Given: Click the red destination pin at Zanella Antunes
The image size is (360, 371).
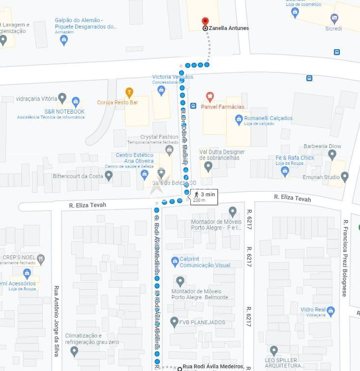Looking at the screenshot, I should (x=206, y=22).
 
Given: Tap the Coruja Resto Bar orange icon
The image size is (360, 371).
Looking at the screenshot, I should (x=129, y=92).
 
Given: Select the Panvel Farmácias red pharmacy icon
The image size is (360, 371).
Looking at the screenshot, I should (x=210, y=96).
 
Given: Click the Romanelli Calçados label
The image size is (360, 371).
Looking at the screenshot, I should (x=268, y=119).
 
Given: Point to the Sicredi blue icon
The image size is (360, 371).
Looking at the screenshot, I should (x=334, y=18).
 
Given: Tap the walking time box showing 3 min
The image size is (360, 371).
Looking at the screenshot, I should (x=204, y=196).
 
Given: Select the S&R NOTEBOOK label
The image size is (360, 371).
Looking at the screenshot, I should (x=64, y=112).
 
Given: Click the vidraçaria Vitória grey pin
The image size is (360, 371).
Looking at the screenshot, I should (x=62, y=98).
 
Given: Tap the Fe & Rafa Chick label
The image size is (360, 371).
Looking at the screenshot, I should (x=295, y=158).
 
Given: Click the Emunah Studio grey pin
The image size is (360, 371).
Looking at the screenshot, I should (x=344, y=176).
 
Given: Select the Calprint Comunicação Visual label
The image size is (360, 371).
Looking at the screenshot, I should (x=205, y=262).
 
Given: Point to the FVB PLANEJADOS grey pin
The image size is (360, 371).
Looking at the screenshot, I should (x=174, y=322).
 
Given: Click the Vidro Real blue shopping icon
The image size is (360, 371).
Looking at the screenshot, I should (x=330, y=310).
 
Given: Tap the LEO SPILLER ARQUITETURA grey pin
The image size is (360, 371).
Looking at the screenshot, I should (x=273, y=351).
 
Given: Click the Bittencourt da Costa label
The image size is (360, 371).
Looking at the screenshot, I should (x=78, y=176).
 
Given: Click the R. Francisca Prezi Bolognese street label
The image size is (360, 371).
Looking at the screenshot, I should (x=345, y=258).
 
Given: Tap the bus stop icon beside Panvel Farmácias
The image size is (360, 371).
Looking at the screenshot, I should (x=194, y=106).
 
